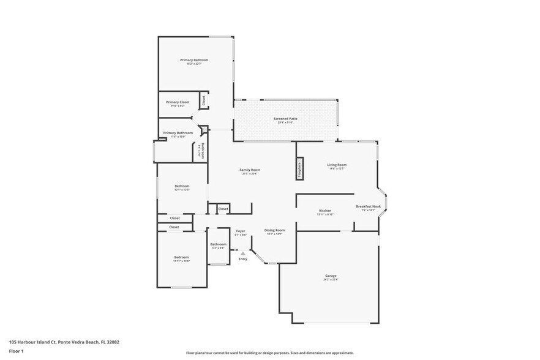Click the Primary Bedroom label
194,60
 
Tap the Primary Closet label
178,102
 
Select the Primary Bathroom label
178,133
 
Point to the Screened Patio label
286,119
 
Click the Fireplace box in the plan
299,169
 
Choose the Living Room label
337,165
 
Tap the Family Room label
250,170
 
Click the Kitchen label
324,211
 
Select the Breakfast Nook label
369,207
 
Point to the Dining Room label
274,230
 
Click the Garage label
331,276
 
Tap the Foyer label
241,231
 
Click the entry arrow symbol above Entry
243,252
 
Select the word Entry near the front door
243,259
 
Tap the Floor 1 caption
17,351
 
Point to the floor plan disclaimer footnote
269,353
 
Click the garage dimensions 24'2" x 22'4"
331,280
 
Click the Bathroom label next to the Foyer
219,244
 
